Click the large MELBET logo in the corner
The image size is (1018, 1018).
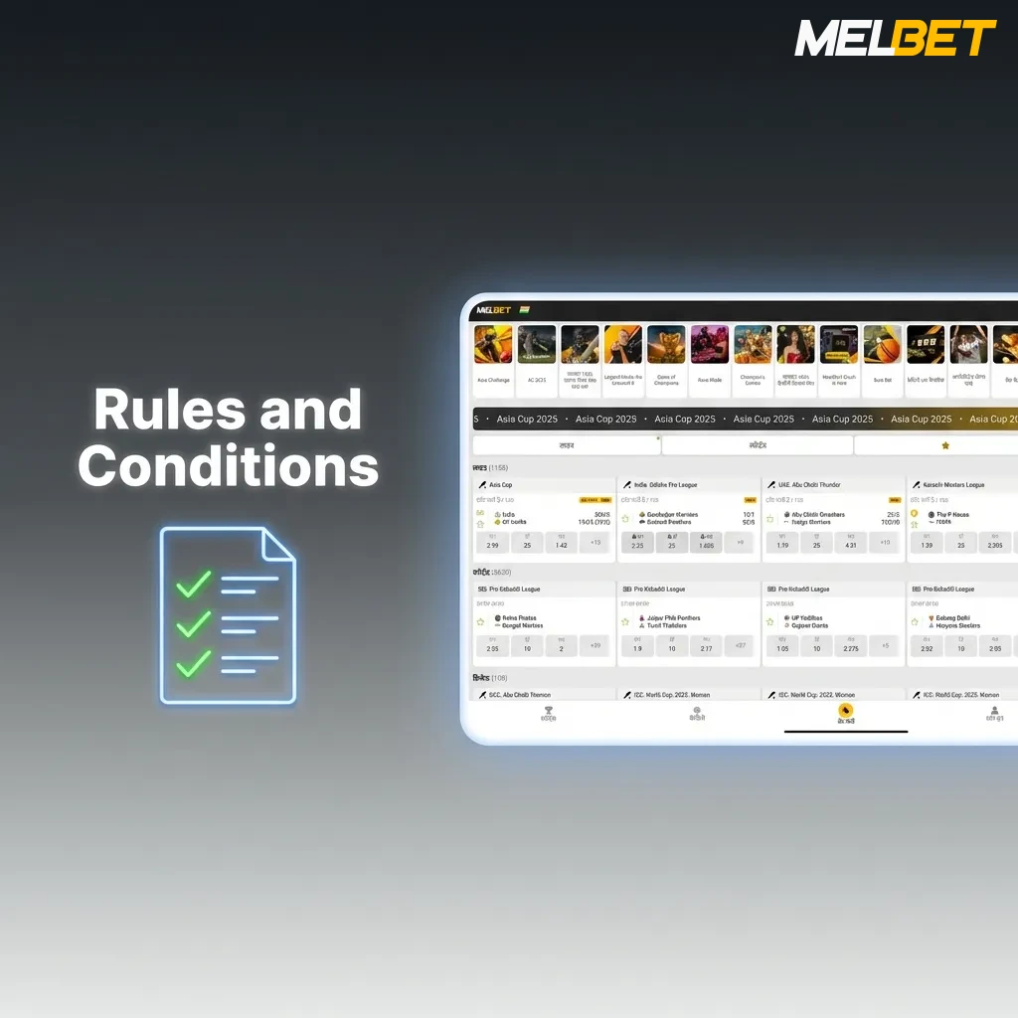tap(895, 39)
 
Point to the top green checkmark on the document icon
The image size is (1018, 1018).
tap(194, 585)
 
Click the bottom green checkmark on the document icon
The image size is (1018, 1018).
tap(194, 663)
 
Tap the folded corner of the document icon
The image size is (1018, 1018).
tap(278, 545)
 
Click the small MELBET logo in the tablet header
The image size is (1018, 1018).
tap(493, 310)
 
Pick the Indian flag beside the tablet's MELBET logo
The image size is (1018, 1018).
tap(523, 310)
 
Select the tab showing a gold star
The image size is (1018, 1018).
tap(944, 445)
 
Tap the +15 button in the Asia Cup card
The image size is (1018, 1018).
tap(595, 543)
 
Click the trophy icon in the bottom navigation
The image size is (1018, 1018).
tap(548, 712)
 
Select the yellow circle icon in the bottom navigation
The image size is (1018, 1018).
tap(845, 711)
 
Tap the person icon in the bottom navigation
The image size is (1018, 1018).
tap(994, 712)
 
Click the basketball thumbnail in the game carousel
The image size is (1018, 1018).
tap(882, 345)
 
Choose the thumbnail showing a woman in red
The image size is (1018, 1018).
tap(795, 345)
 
